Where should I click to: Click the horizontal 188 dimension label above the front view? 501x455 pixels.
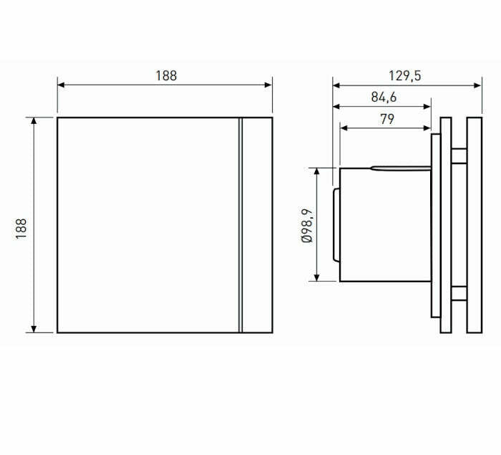pos(165,75)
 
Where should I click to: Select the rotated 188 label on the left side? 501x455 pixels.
pos(21,227)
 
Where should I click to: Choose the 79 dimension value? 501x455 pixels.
pos(386,120)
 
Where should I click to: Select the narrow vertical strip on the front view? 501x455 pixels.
pos(240,225)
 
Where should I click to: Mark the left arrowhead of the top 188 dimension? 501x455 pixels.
pos(61,85)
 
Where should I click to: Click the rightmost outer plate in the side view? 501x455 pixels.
pos(474,225)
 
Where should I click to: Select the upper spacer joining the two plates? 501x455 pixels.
pos(459,153)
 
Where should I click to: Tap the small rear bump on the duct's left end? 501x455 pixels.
pos(336,225)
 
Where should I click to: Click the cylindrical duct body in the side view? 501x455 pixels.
pos(383,225)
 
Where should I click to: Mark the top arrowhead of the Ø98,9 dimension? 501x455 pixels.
pos(316,171)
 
